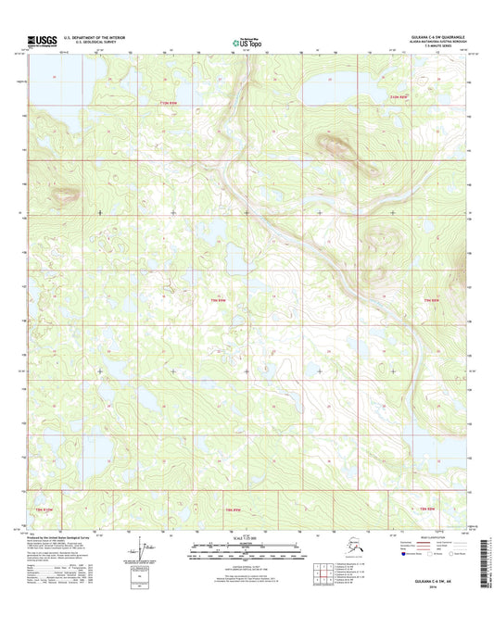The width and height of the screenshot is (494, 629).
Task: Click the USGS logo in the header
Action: pyautogui.click(x=44, y=41)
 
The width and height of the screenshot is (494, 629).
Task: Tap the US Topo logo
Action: pyautogui.click(x=247, y=42)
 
